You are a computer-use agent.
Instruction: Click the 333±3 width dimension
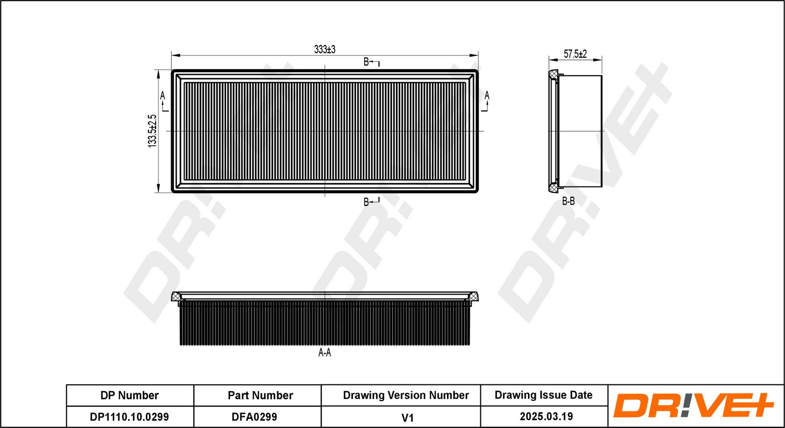(324, 50)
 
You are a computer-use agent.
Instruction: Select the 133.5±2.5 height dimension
(152, 131)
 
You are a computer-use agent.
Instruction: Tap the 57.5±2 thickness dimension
(575, 54)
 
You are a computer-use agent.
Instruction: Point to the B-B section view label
(568, 201)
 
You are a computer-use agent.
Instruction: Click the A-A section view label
(324, 352)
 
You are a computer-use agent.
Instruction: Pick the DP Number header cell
(130, 396)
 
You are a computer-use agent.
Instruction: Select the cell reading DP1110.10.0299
(130, 417)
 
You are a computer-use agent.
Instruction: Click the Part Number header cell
(261, 396)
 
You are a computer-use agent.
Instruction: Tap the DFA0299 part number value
(255, 417)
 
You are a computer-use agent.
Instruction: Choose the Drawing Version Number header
(406, 396)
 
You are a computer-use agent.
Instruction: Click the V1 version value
(408, 418)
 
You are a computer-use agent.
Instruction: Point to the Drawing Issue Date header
(544, 395)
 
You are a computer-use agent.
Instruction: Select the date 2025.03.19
(547, 416)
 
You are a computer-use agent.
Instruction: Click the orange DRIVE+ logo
(693, 405)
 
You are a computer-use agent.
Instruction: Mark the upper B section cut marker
(371, 62)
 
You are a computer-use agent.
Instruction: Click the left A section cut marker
(164, 101)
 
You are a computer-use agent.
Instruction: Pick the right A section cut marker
(485, 101)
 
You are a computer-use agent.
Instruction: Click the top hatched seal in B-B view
(553, 75)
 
